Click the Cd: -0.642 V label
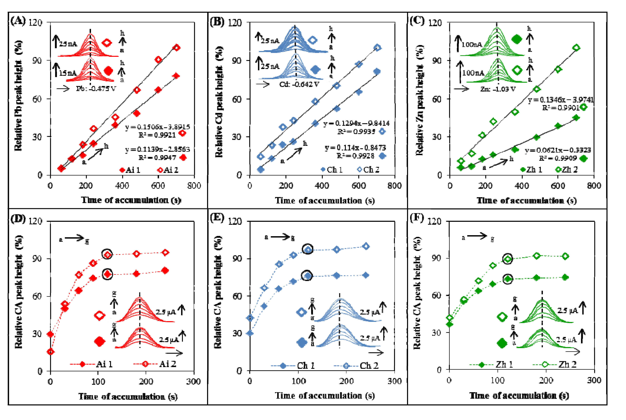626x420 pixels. point(299,84)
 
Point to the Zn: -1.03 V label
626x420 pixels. point(498,89)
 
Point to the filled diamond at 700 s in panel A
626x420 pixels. point(176,76)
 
